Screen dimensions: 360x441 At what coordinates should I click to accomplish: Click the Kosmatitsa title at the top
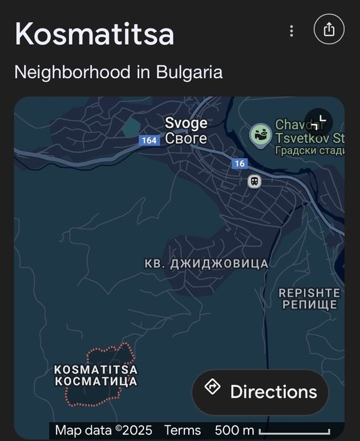[94, 34]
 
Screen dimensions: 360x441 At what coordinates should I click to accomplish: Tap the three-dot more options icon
[291, 31]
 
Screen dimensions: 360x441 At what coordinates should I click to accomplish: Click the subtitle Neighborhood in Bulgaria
[118, 72]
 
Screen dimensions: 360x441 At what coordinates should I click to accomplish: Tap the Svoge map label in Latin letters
[186, 123]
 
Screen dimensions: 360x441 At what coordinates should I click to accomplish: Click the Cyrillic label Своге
[186, 138]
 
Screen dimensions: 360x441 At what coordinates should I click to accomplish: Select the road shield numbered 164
[149, 140]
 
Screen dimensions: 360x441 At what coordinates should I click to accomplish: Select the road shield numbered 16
[239, 164]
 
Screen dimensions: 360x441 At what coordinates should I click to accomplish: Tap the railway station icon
[254, 181]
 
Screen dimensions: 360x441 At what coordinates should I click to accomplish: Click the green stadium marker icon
[261, 134]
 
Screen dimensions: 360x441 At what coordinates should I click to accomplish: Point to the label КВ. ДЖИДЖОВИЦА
[206, 263]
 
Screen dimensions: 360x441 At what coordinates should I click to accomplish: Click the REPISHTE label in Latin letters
[309, 293]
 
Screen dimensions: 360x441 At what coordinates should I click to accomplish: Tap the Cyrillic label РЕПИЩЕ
[309, 305]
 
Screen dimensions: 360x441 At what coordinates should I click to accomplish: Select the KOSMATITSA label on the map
[96, 370]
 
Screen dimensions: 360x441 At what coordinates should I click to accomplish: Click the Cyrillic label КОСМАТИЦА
[96, 381]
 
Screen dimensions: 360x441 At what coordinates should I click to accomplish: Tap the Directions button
[260, 392]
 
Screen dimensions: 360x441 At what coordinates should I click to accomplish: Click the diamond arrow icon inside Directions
[213, 387]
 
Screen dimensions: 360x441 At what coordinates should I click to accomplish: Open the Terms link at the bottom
[183, 431]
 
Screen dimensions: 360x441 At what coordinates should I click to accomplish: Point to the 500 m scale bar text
[234, 431]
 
